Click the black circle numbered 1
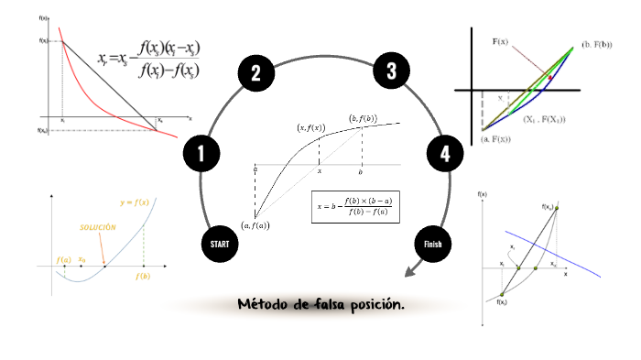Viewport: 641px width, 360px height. point(201,155)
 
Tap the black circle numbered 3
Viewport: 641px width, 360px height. point(391,71)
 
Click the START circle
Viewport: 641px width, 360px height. point(220,245)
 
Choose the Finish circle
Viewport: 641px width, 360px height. point(433,244)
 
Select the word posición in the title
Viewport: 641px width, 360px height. point(375,305)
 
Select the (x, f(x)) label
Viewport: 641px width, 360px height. point(310,128)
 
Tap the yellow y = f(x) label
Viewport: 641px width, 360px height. point(135,202)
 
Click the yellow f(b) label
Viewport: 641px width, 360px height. point(143,275)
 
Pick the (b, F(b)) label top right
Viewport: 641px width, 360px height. point(596,44)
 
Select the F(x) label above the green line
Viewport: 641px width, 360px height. point(501,41)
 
